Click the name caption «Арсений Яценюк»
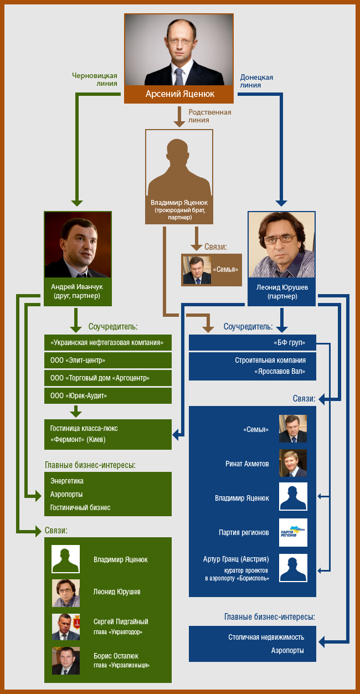179,94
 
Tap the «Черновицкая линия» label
95,80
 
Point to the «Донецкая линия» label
256,81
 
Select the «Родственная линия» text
210,116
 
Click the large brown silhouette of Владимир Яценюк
179,167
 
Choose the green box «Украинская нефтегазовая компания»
108,343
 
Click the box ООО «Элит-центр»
108,361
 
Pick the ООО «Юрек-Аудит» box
108,395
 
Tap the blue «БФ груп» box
253,343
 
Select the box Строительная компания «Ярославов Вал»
253,366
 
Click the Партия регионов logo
293,532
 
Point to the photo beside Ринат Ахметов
293,463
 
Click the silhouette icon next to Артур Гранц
293,568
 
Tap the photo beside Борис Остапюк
66,661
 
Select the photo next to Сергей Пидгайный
66,627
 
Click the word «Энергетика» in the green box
67,481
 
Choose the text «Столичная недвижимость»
266,638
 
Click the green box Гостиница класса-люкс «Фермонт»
108,434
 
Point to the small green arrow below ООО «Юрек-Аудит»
75,411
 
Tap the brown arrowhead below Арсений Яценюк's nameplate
179,124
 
